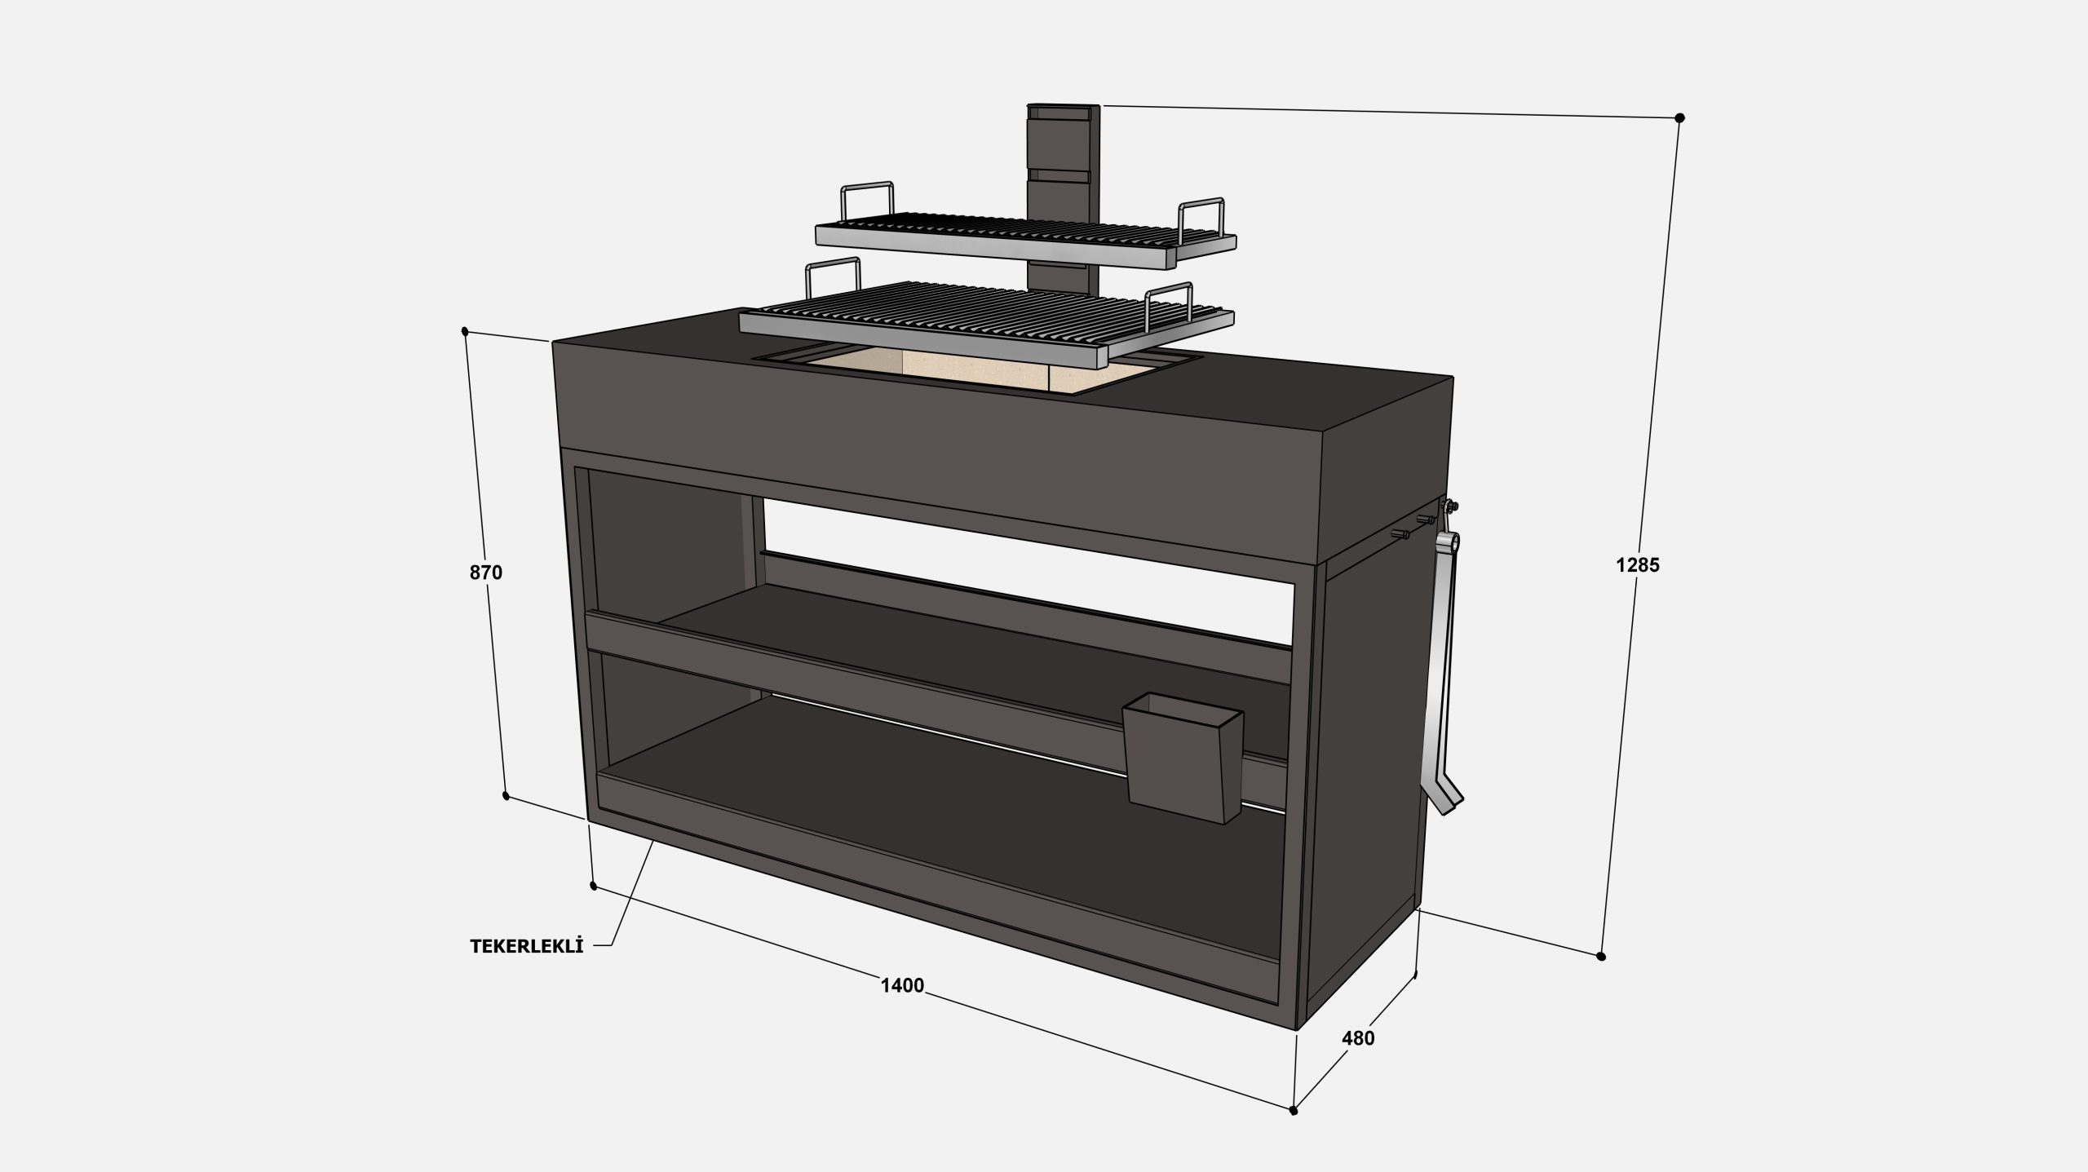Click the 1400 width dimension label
902,985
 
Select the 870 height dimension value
486,573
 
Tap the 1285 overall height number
1638,564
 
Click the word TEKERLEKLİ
527,946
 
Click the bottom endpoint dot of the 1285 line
1601,956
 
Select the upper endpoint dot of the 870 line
465,331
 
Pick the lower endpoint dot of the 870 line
506,796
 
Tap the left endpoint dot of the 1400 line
593,886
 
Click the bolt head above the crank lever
1449,506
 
